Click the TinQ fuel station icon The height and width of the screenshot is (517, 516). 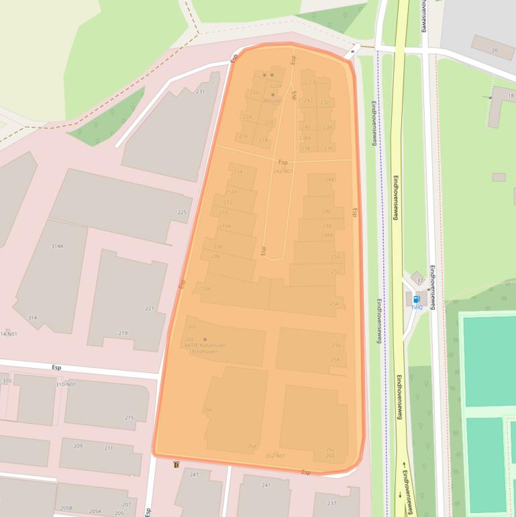click(x=416, y=299)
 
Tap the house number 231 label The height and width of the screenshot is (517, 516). click(x=200, y=91)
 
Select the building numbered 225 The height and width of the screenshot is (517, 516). click(x=182, y=213)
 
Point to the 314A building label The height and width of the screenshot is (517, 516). click(x=57, y=246)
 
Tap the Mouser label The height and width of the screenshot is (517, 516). click(x=272, y=101)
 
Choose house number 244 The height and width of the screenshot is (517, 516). click(x=329, y=179)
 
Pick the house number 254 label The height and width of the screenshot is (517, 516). click(x=334, y=304)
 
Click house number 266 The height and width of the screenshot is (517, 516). click(x=209, y=410)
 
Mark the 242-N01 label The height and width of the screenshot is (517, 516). click(x=283, y=171)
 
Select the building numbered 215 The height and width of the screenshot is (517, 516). click(x=130, y=418)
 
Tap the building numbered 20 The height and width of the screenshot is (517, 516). click(x=495, y=51)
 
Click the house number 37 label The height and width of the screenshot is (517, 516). click(x=420, y=281)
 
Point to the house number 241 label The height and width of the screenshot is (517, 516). click(x=266, y=485)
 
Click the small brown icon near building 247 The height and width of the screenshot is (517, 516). click(x=176, y=465)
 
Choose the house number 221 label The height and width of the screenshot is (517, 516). click(x=150, y=309)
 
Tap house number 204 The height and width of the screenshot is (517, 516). click(x=206, y=288)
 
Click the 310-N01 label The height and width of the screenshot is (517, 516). click(x=66, y=385)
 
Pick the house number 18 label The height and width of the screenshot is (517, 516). click(x=511, y=96)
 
